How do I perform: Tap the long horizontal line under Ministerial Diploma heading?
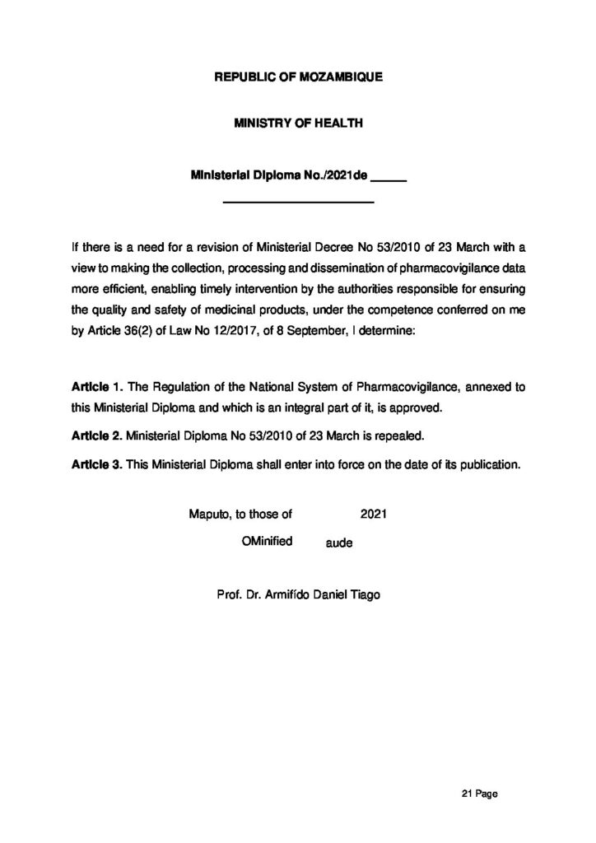coord(299,201)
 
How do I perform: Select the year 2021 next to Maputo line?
coord(374,515)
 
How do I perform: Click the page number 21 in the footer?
coord(467,794)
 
